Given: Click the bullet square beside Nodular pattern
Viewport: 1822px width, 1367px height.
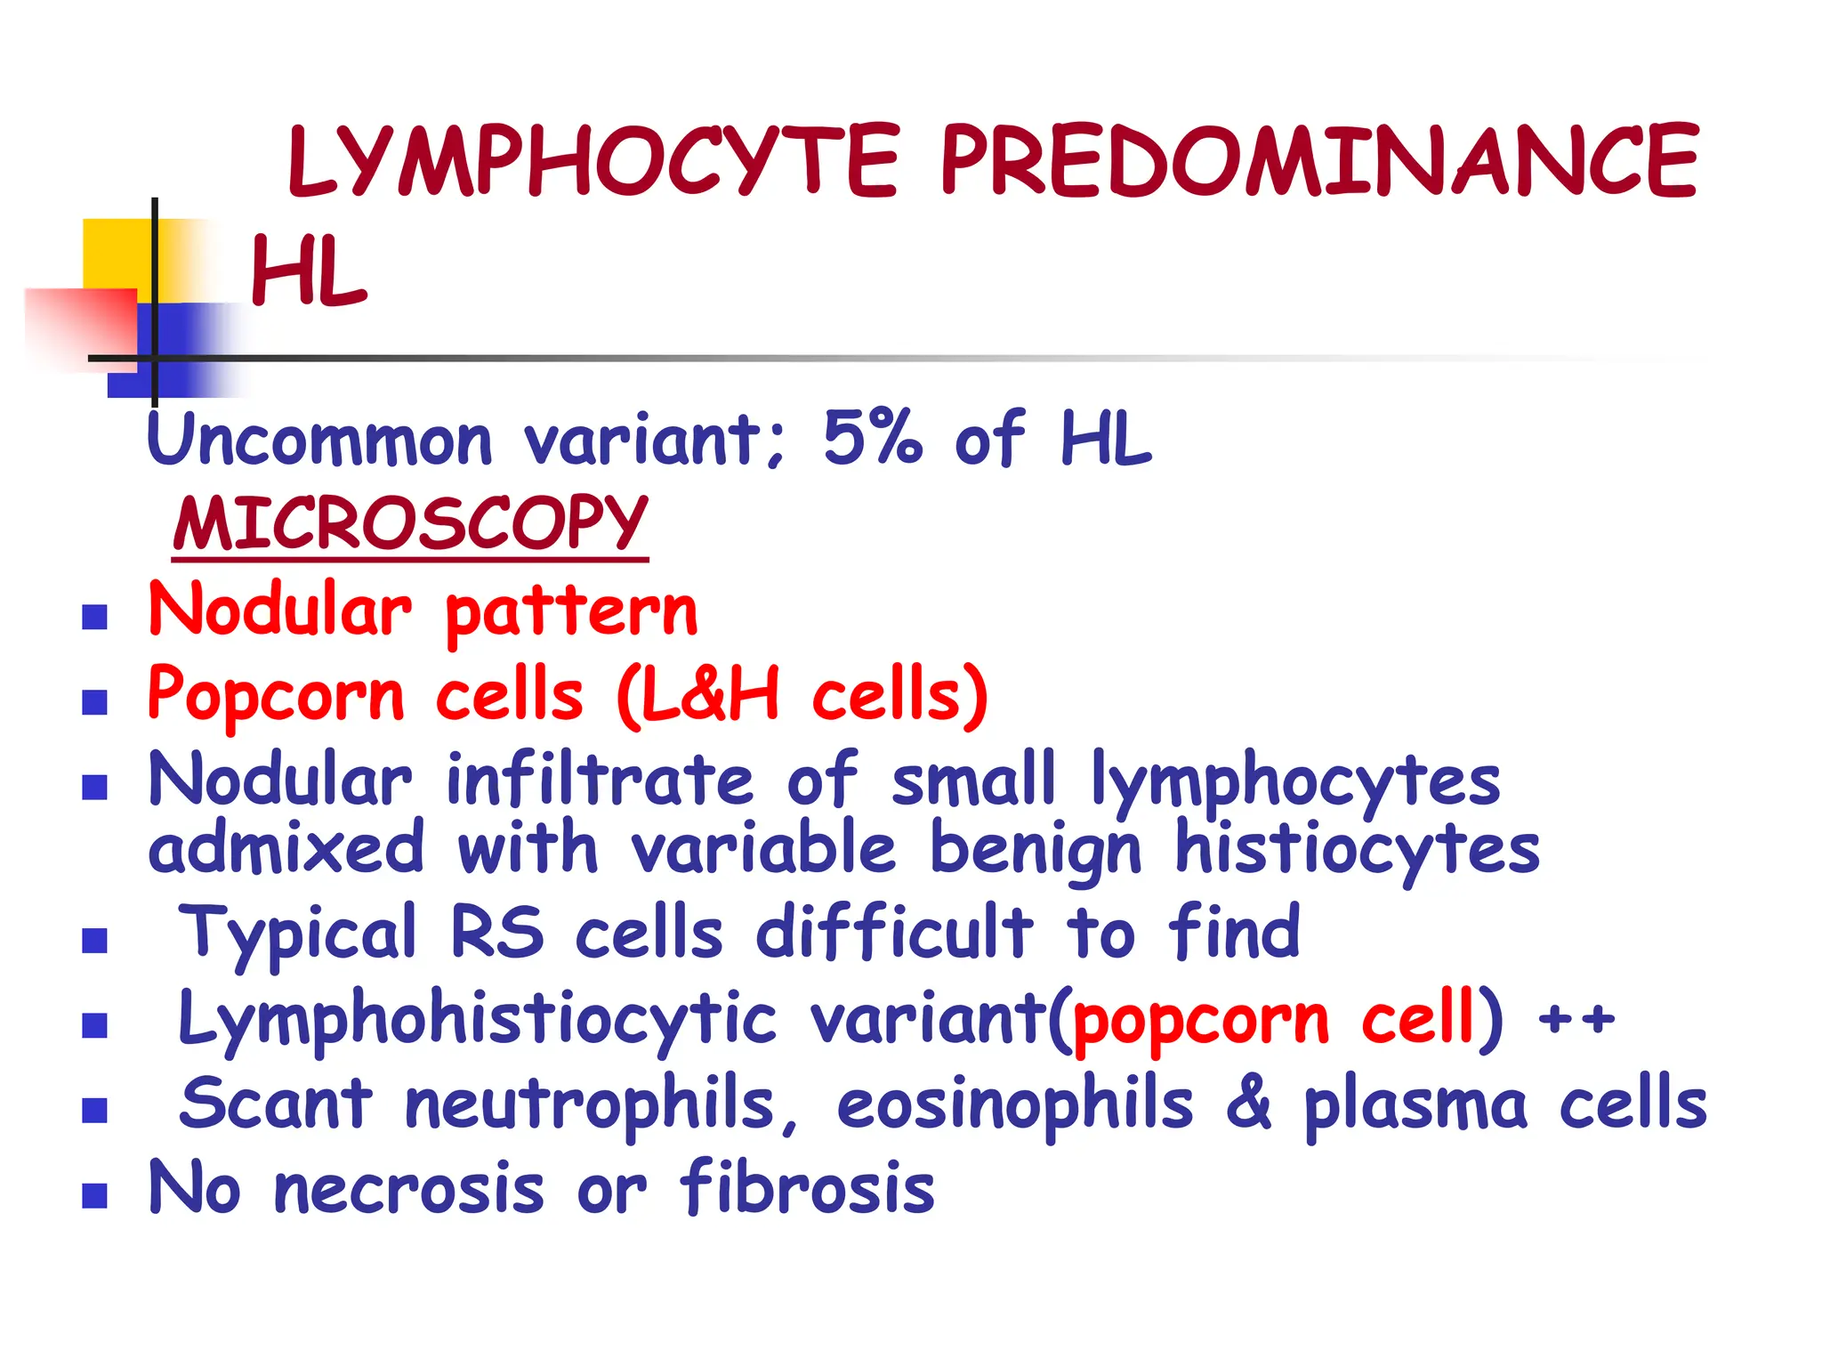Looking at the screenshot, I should [x=94, y=616].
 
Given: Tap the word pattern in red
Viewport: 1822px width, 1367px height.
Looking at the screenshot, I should [x=571, y=612].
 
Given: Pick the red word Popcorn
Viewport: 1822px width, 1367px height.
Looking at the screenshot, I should [x=276, y=696].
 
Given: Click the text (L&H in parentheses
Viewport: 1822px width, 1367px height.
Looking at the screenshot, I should [x=697, y=694].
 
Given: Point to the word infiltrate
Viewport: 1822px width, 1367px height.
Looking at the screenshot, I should [x=601, y=780].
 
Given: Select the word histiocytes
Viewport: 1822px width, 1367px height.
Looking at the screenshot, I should [x=1357, y=849].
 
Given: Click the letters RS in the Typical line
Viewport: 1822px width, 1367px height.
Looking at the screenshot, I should [x=496, y=933].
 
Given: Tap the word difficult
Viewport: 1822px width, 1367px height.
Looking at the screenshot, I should [x=894, y=933].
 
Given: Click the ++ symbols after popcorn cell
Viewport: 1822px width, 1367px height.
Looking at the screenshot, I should [x=1576, y=1018].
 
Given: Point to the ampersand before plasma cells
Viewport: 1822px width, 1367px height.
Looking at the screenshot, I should [x=1248, y=1104].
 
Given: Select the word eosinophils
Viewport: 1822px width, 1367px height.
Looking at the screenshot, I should [x=1014, y=1104].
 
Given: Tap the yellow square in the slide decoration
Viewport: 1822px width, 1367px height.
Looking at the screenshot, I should [x=117, y=254].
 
